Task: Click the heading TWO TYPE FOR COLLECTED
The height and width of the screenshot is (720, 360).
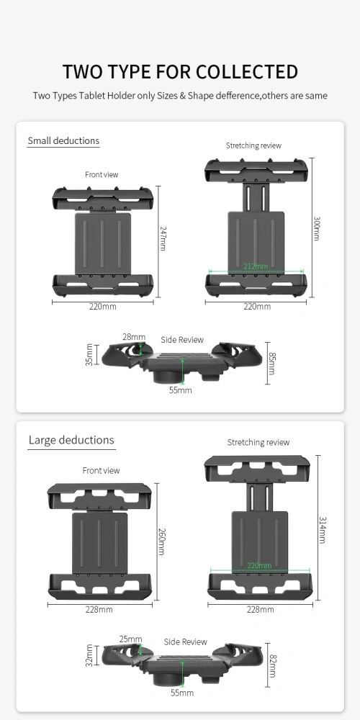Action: [180, 72]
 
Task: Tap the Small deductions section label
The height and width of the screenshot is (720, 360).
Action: [63, 141]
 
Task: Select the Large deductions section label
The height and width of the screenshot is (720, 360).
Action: [71, 440]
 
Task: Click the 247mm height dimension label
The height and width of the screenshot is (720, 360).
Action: [163, 237]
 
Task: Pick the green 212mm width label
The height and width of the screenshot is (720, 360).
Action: [255, 266]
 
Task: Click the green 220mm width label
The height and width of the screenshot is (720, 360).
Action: [258, 566]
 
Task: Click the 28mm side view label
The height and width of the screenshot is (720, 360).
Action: [134, 337]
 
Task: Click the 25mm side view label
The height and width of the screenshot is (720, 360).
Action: [131, 639]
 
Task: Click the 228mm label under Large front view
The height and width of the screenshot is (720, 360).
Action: [99, 610]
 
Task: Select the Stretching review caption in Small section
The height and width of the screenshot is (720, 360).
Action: [253, 145]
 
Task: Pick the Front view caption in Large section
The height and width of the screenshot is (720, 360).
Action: [102, 471]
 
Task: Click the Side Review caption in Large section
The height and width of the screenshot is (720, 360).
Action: [185, 642]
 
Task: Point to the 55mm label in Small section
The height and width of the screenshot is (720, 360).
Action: [180, 390]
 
